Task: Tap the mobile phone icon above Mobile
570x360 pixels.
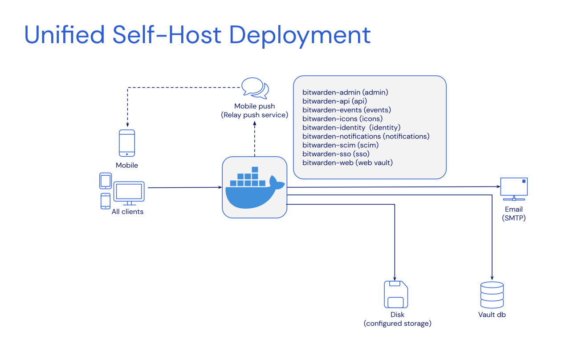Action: pyautogui.click(x=127, y=143)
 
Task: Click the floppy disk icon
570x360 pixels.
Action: pyautogui.click(x=396, y=295)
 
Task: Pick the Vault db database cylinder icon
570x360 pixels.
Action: pyautogui.click(x=492, y=295)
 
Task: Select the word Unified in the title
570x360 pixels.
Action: pyautogui.click(x=64, y=35)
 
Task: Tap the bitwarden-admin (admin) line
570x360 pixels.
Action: pyautogui.click(x=345, y=93)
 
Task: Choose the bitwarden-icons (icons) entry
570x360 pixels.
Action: pyautogui.click(x=342, y=119)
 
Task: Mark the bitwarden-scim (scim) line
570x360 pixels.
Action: pyautogui.click(x=340, y=145)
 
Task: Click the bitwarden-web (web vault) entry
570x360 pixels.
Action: pyautogui.click(x=347, y=162)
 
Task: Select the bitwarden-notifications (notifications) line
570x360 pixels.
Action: pyautogui.click(x=366, y=136)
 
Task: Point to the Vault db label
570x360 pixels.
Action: pyautogui.click(x=492, y=315)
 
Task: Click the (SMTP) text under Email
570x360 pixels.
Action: pyautogui.click(x=514, y=218)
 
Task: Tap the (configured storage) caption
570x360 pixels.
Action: pyautogui.click(x=397, y=324)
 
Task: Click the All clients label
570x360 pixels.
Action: pyautogui.click(x=127, y=212)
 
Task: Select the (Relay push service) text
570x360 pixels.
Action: pyautogui.click(x=254, y=115)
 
